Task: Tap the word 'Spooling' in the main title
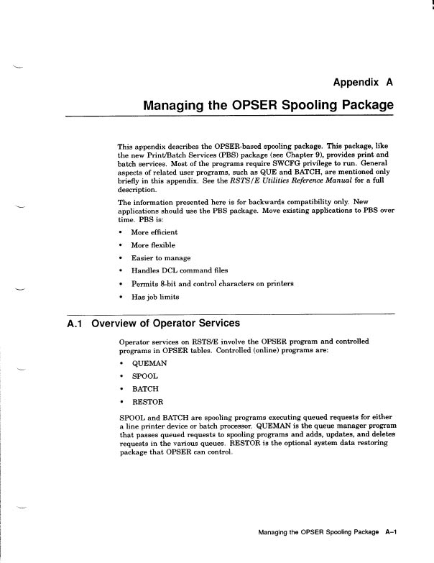[303, 105]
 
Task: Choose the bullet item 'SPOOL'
[144, 376]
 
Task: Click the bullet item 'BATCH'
[145, 388]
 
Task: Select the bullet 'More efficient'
[154, 232]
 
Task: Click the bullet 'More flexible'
[153, 245]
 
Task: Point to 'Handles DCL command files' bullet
[179, 270]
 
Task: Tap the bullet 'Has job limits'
[154, 296]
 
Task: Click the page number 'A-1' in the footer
[391, 533]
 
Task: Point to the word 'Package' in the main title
[365, 105]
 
